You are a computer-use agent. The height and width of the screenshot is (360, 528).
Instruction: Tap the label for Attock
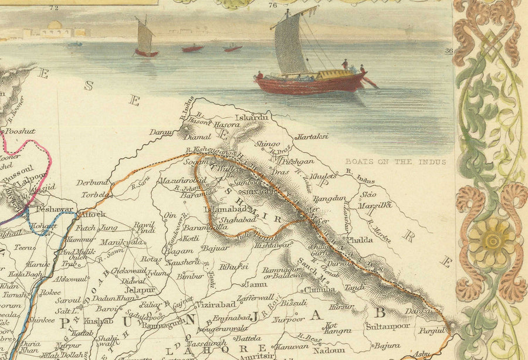coord(93,214)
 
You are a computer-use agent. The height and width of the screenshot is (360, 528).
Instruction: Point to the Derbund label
coord(93,182)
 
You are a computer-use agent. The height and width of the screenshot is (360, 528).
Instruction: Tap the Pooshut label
coord(20,132)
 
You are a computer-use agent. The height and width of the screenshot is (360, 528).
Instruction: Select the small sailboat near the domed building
coord(144,40)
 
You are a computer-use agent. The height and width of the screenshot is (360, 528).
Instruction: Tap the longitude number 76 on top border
coord(272,6)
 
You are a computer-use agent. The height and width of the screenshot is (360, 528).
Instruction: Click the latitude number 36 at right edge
coord(449,51)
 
